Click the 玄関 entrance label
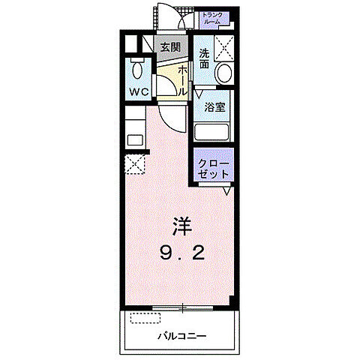tap(170, 46)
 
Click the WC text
tap(137, 91)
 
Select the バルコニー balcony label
tap(181, 335)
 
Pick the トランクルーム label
tap(212, 19)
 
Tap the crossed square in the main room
tap(136, 164)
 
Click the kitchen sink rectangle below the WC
tap(135, 139)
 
